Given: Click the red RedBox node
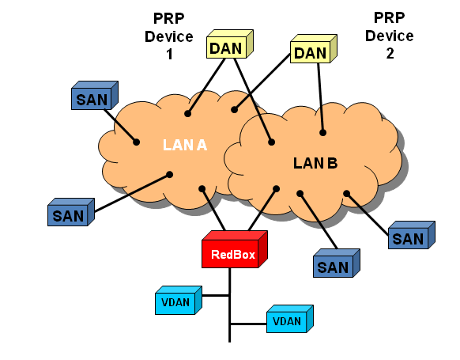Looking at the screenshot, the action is click(x=235, y=249).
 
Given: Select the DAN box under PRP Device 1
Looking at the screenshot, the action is click(x=230, y=44).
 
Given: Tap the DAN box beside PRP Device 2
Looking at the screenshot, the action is click(x=314, y=49).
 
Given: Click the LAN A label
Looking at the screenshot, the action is click(x=185, y=145).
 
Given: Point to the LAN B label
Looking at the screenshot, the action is click(x=315, y=163).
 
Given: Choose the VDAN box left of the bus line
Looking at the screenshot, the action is click(x=179, y=300).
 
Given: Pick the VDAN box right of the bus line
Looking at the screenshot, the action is click(x=290, y=319).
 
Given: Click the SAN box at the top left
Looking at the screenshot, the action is click(x=95, y=96).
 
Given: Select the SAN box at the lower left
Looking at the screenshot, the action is click(x=71, y=212).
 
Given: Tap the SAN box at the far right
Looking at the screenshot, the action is click(x=412, y=235).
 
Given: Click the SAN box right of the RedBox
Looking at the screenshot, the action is click(x=337, y=263).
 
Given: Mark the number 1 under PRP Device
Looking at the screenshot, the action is click(x=169, y=55).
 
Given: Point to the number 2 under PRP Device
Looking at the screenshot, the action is click(x=390, y=54).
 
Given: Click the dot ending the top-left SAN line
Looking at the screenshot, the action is click(x=136, y=142).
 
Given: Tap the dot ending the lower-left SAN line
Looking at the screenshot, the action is click(x=170, y=175).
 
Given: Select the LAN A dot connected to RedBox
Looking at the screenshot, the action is click(x=202, y=189).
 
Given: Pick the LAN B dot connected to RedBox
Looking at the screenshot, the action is click(x=276, y=189).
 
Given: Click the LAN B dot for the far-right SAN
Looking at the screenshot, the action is click(x=347, y=194).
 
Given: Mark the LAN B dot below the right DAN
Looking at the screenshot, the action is click(x=322, y=133).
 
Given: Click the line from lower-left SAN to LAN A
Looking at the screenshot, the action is click(x=132, y=193).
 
